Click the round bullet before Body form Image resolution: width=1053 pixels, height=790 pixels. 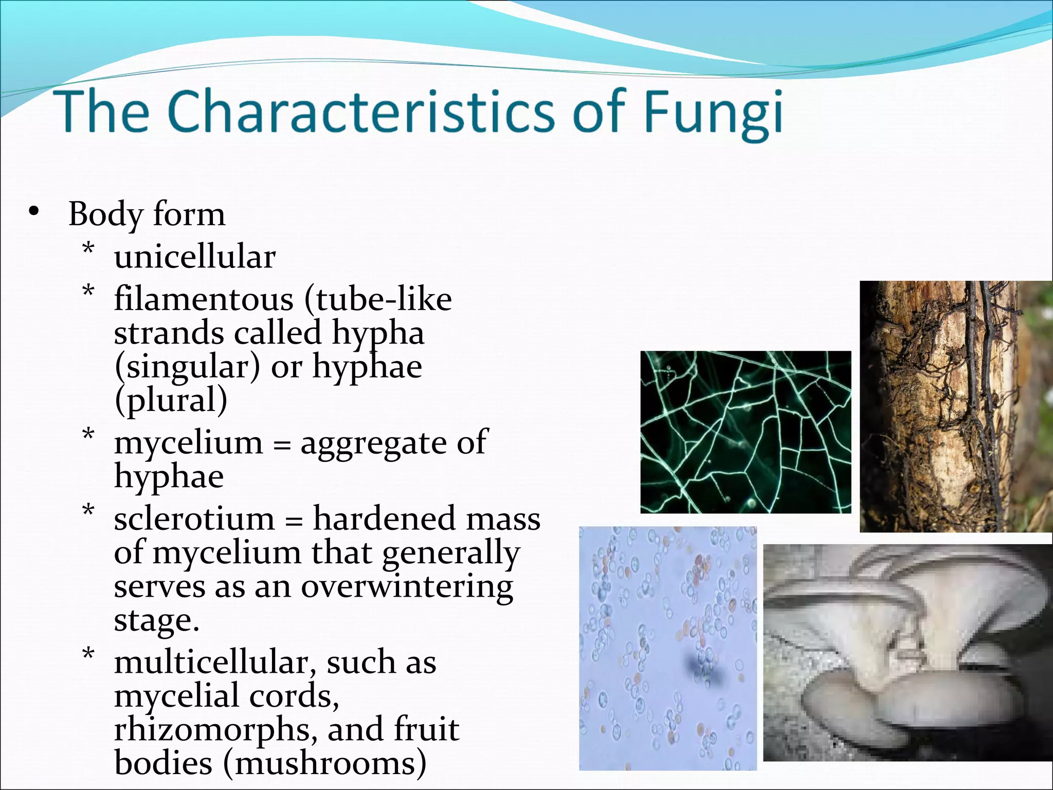tap(34, 212)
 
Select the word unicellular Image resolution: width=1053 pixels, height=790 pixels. tap(194, 256)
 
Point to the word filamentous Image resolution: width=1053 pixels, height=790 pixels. tap(203, 299)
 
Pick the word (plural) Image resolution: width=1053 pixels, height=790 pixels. tap(170, 401)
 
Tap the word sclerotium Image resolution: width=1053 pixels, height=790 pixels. tap(194, 518)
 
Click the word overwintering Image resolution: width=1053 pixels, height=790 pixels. tap(407, 587)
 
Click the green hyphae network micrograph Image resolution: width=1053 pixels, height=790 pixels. tap(745, 432)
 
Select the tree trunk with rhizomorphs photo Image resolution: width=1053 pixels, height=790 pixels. tap(955, 406)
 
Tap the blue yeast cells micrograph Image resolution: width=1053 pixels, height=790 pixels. tap(667, 648)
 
